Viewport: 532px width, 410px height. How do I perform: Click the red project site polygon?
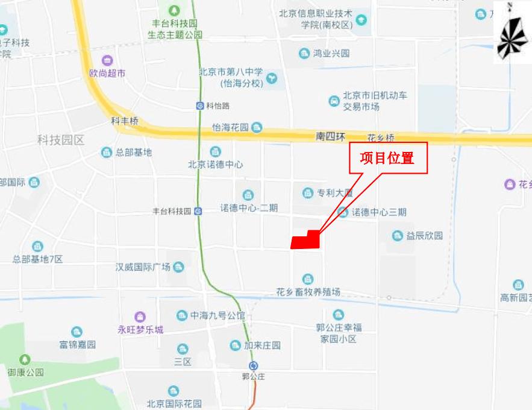[305, 240]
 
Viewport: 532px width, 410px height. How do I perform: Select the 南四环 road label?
[329, 137]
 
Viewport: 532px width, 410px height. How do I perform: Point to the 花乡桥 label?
[381, 137]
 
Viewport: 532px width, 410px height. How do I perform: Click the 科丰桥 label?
[125, 121]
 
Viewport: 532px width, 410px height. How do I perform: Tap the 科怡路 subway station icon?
[200, 106]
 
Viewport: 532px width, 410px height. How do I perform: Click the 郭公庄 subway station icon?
[254, 366]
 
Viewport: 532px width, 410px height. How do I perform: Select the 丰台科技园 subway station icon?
[198, 211]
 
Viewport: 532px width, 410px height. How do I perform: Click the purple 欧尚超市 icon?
[107, 60]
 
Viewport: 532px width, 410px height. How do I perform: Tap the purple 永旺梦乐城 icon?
[140, 317]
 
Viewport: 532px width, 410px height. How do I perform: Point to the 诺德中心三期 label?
[379, 212]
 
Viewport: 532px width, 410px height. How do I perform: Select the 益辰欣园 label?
[425, 235]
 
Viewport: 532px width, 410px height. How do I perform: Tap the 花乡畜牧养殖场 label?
[308, 292]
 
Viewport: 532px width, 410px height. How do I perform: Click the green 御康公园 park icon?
[25, 359]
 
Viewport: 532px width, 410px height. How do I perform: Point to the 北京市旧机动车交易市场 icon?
[334, 101]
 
